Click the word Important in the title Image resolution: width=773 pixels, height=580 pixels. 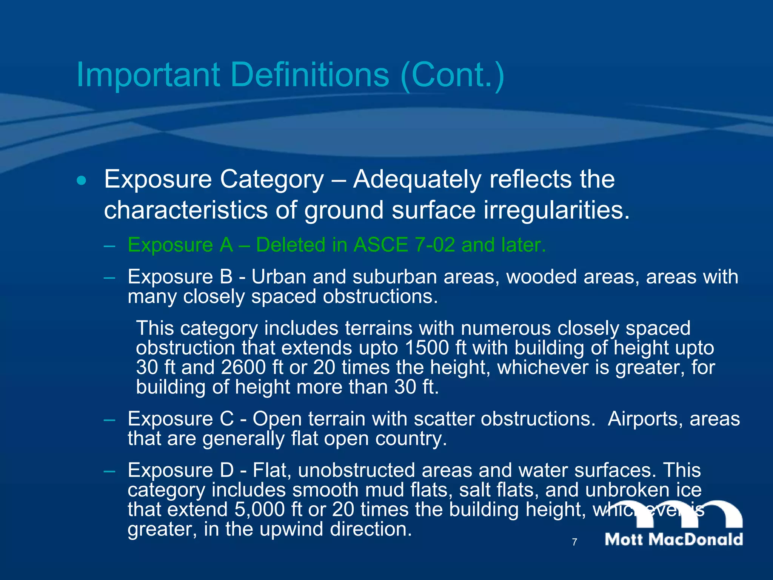tap(148, 75)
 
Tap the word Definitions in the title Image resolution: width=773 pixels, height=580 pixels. tap(310, 75)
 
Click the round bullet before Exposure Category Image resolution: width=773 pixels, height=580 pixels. tap(81, 180)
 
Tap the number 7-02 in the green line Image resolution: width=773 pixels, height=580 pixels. tap(434, 245)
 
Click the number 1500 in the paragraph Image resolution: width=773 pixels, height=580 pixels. tap(427, 348)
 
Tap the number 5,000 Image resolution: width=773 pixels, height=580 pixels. tap(260, 509)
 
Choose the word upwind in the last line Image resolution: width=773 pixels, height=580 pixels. tap(291, 529)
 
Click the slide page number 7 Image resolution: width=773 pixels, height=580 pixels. tap(574, 542)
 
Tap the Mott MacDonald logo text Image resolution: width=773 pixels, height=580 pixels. tap(674, 539)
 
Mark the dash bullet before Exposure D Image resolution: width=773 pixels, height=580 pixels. tap(109, 471)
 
